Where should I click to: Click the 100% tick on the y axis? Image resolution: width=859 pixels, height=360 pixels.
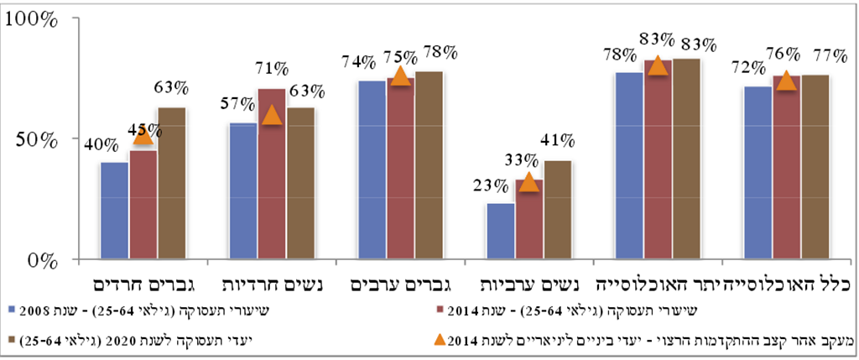(x=34, y=18)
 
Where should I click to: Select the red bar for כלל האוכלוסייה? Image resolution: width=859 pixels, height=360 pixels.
(x=786, y=167)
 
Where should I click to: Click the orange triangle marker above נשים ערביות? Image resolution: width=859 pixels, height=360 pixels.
(x=528, y=182)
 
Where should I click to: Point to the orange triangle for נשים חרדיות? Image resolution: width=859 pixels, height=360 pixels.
(x=271, y=116)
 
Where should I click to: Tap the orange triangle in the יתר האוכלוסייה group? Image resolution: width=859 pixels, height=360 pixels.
(x=658, y=65)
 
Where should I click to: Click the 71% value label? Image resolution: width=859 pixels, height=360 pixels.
(x=272, y=68)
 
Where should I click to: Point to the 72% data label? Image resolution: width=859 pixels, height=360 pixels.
(x=747, y=67)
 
